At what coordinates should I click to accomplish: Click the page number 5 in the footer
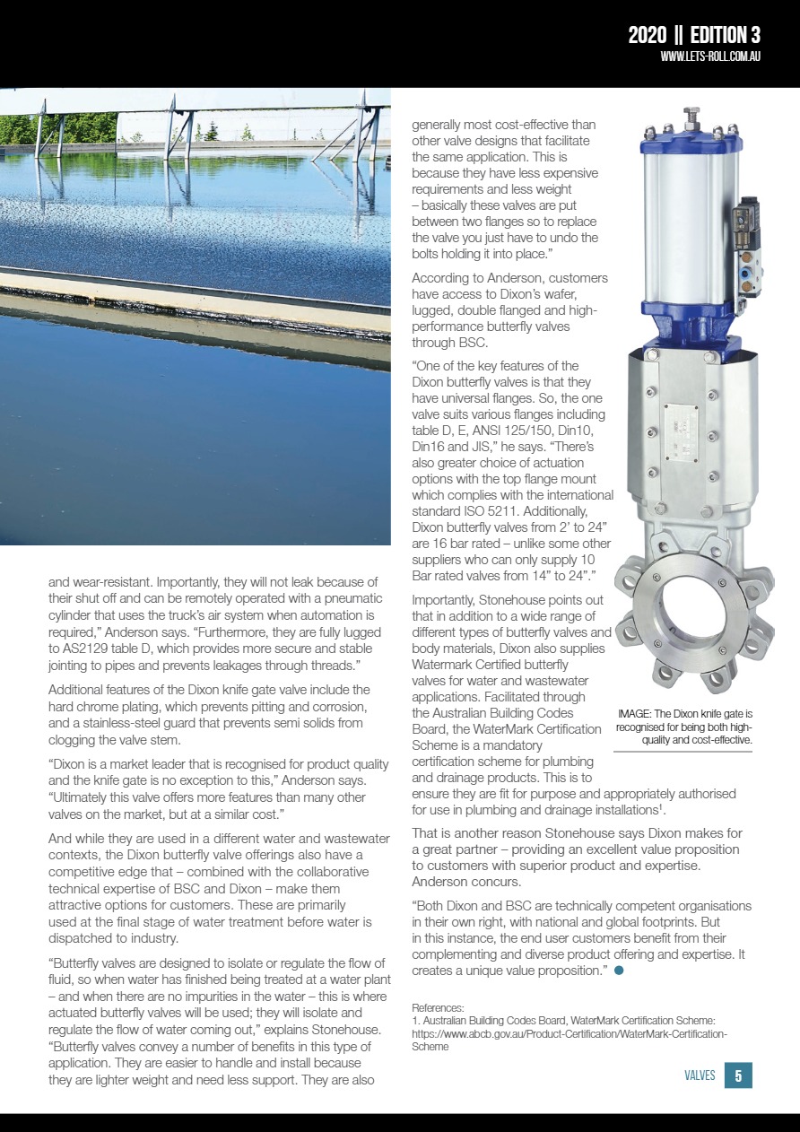pyautogui.click(x=737, y=1075)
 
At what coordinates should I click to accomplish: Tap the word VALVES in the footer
pyautogui.click(x=700, y=1075)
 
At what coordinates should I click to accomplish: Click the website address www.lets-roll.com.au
pyautogui.click(x=710, y=56)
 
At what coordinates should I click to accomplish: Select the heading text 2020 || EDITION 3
pyautogui.click(x=693, y=35)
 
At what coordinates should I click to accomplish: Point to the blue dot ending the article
pyautogui.click(x=619, y=971)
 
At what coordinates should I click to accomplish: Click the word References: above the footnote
pyautogui.click(x=438, y=1008)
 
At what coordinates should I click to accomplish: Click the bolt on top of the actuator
pyautogui.click(x=691, y=114)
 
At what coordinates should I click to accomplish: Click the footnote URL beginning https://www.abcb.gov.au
pyautogui.click(x=569, y=1034)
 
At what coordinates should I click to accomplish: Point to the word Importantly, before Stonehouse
pyautogui.click(x=447, y=599)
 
